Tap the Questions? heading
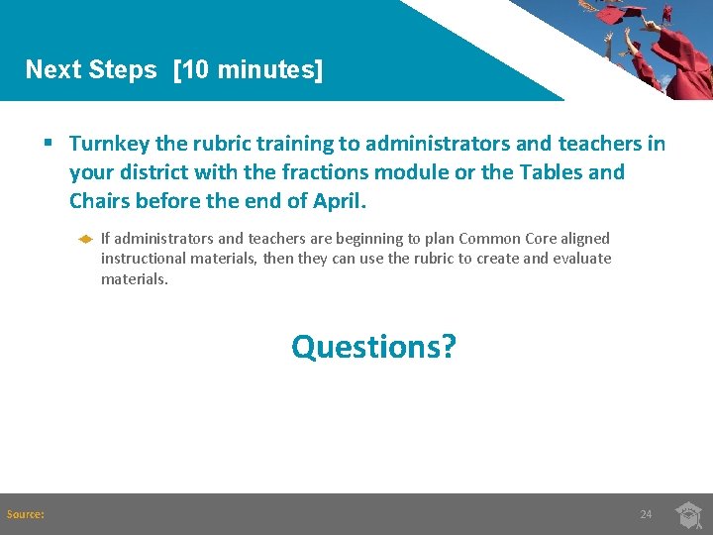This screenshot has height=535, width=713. click(x=373, y=347)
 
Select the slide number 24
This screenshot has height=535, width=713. click(x=646, y=514)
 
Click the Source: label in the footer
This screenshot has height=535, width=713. click(x=25, y=514)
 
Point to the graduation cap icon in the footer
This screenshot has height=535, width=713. click(x=689, y=515)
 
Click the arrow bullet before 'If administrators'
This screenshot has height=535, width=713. click(x=85, y=239)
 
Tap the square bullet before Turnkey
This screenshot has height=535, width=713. click(x=48, y=145)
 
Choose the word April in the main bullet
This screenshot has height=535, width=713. click(x=338, y=201)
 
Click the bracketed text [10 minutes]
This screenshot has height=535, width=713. click(x=248, y=70)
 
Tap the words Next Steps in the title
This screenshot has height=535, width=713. click(x=91, y=70)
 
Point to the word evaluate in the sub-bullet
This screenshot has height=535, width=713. click(x=580, y=259)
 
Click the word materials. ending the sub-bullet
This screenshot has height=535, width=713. click(x=135, y=279)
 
